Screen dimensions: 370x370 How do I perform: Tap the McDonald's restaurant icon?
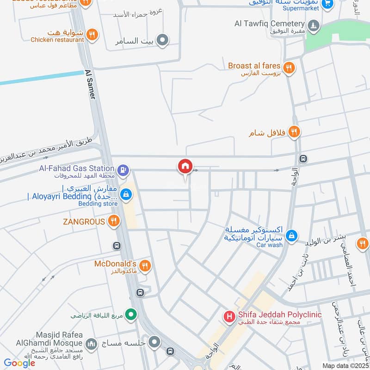pyautogui.click(x=145, y=265)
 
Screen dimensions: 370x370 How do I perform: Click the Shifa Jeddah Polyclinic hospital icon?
pyautogui.click(x=229, y=316)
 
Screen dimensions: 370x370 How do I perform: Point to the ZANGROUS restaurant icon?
pyautogui.click(x=114, y=222)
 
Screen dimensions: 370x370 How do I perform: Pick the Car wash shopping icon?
pyautogui.click(x=291, y=236)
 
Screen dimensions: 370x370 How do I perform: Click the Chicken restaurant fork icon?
pyautogui.click(x=92, y=34)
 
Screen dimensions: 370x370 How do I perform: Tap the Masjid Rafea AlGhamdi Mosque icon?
pyautogui.click(x=91, y=343)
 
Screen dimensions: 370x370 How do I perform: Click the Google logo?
pyautogui.click(x=19, y=363)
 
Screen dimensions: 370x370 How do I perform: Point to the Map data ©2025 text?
pyautogui.click(x=345, y=366)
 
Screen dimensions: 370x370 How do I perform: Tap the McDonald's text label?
pyautogui.click(x=115, y=264)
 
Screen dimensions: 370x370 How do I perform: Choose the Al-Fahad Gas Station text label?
pyautogui.click(x=77, y=168)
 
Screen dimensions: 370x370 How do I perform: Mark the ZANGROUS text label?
pyautogui.click(x=84, y=222)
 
